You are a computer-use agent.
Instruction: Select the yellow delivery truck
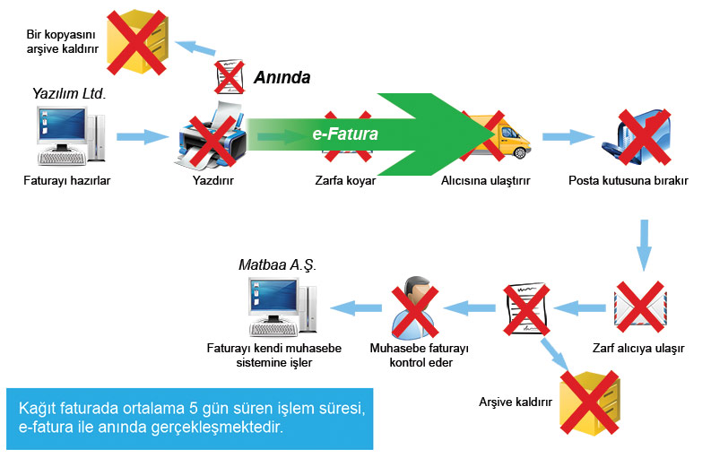pyautogui.click(x=492, y=136)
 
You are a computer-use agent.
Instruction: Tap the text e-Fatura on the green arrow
pyautogui.click(x=344, y=134)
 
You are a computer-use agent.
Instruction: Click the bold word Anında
pyautogui.click(x=281, y=78)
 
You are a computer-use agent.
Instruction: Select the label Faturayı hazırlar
pyautogui.click(x=67, y=180)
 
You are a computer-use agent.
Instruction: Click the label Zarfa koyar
pyautogui.click(x=345, y=180)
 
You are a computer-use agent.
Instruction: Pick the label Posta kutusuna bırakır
pyautogui.click(x=628, y=180)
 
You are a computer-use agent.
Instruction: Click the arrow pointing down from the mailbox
pyautogui.click(x=643, y=242)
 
